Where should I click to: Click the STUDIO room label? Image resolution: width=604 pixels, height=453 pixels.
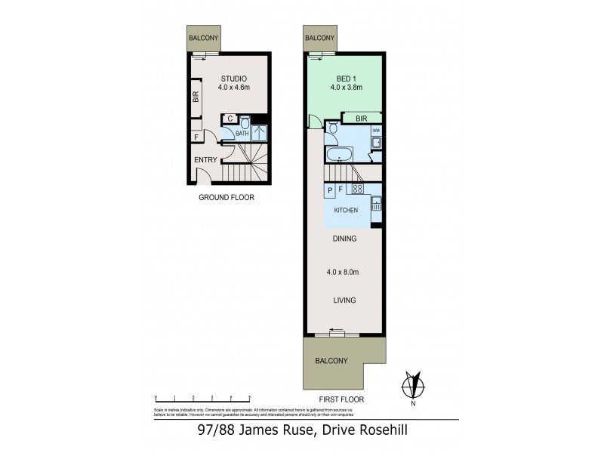[x=234, y=78]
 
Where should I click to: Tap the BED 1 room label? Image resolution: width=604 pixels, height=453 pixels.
[x=347, y=78]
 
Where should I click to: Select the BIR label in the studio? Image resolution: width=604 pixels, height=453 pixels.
[x=196, y=97]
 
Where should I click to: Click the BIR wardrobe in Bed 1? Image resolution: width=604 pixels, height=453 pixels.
[x=360, y=118]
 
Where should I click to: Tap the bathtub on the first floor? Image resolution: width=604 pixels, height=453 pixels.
[x=341, y=156]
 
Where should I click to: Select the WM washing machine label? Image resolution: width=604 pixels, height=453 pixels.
[x=375, y=131]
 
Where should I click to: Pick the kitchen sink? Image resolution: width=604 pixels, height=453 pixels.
[x=375, y=203]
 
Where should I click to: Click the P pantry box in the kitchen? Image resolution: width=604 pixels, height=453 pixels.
[x=330, y=190]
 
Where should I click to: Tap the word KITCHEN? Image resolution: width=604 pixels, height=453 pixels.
[x=345, y=210]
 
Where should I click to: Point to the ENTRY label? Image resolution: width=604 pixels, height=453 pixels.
[x=205, y=159]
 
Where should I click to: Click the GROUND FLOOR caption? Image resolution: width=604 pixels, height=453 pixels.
[x=226, y=197]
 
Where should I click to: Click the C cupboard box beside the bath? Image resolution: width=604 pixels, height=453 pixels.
[x=229, y=119]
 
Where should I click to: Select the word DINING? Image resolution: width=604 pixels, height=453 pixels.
[x=345, y=239]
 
